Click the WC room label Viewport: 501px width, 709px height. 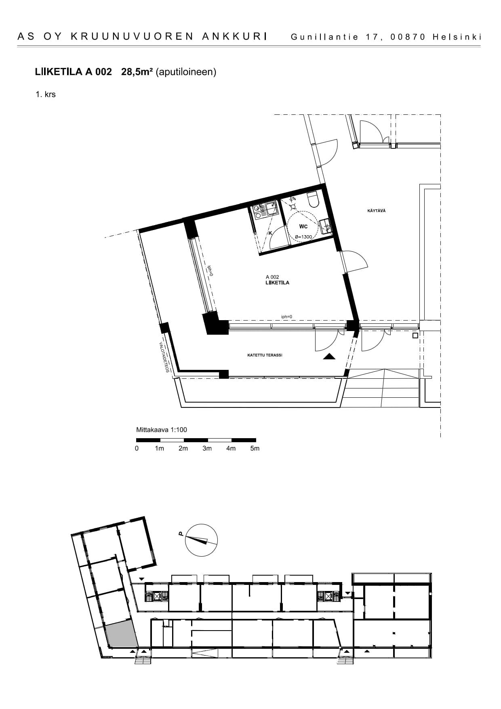point(303,226)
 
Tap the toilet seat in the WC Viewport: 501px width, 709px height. point(313,200)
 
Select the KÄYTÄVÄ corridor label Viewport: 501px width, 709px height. point(376,211)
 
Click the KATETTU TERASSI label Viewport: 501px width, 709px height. point(265,355)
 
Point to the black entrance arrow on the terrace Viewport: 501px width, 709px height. point(329,357)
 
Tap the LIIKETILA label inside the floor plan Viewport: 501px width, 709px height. point(277,283)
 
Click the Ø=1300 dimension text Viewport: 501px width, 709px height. point(303,237)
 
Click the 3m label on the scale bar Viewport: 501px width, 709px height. point(207,448)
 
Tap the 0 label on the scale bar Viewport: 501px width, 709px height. point(137,448)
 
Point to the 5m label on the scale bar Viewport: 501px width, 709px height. point(255,448)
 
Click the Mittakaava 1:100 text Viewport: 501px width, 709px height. point(162,430)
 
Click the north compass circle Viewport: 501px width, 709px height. point(201,540)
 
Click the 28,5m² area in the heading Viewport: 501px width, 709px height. point(137,72)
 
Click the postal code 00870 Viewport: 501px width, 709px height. point(408,37)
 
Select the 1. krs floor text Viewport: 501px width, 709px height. point(46,95)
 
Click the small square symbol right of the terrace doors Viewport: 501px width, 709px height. point(415,336)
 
